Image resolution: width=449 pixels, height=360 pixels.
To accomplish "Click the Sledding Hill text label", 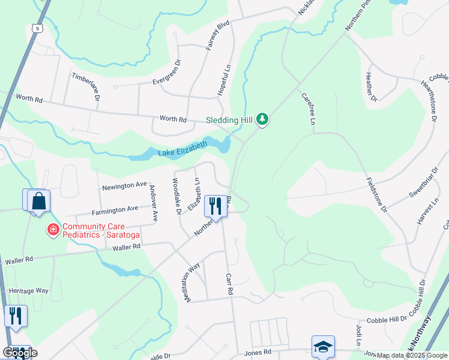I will (x=230, y=119).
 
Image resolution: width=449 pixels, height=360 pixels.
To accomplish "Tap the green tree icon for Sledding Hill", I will (x=262, y=119).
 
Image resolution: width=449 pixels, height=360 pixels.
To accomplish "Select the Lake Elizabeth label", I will (x=182, y=148).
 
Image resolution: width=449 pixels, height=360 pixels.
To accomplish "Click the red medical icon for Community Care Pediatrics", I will (x=53, y=229).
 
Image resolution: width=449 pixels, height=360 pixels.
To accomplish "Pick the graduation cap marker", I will (x=322, y=347).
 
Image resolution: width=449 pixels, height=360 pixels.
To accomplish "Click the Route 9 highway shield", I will (x=37, y=28).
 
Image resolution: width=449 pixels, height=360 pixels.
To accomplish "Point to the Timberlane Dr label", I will (x=85, y=86).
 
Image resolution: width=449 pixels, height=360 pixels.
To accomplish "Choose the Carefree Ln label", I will (x=308, y=109).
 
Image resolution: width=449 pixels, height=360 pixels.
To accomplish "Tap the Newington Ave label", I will (x=124, y=186).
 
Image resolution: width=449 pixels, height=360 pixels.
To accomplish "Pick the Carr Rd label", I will (x=229, y=284).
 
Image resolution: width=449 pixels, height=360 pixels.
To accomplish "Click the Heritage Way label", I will (x=29, y=290).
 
